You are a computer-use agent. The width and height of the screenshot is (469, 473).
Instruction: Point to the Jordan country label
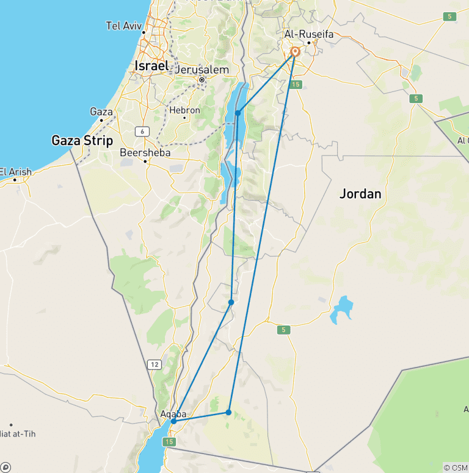click(x=360, y=194)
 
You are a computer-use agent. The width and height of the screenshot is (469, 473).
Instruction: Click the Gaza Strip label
click(x=82, y=141)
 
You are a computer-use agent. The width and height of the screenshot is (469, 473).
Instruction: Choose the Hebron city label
click(x=184, y=110)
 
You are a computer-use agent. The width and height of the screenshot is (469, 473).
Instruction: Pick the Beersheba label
click(x=145, y=152)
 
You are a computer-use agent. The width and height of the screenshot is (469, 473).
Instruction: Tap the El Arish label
click(x=16, y=171)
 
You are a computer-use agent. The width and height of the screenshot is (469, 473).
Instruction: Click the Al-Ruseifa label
click(x=309, y=35)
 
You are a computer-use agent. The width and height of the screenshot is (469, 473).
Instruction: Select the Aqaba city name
click(x=173, y=414)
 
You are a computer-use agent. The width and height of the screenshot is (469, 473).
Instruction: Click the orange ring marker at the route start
click(x=295, y=52)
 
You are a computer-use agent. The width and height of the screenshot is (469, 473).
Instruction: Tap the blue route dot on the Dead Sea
click(x=238, y=113)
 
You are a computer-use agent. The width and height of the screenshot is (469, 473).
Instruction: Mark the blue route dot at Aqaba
click(x=174, y=421)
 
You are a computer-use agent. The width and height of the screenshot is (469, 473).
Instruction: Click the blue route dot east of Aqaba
click(x=228, y=413)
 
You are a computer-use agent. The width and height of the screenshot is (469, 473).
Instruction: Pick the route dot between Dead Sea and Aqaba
click(x=231, y=302)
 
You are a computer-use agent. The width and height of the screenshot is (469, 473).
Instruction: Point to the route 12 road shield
click(x=155, y=365)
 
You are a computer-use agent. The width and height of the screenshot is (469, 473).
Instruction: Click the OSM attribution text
click(x=456, y=467)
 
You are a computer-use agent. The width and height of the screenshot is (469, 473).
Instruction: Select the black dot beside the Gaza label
click(x=101, y=119)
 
